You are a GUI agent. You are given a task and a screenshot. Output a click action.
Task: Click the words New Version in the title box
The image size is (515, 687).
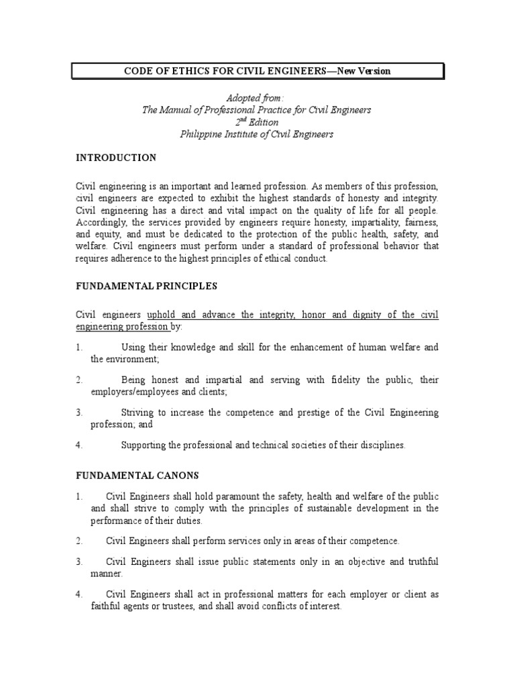[x=361, y=71]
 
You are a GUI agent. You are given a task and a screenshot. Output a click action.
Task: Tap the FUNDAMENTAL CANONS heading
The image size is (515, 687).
[x=137, y=476]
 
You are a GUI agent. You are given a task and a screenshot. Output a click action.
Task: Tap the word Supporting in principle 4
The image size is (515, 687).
[x=145, y=445]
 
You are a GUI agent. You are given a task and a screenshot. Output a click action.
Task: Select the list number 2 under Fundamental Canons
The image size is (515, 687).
[x=78, y=541]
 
